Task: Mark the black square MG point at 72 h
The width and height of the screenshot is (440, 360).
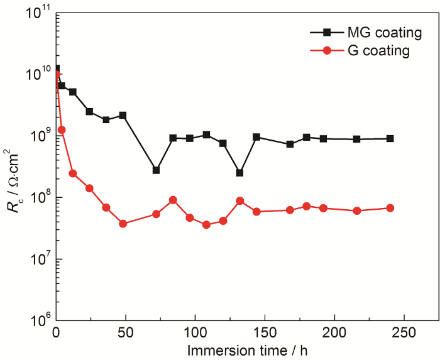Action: (x=156, y=170)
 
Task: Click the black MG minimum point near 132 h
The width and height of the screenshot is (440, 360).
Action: (x=239, y=173)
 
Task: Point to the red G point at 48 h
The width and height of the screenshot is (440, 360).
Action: (x=123, y=224)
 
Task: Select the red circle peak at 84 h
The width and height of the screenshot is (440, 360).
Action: (x=173, y=200)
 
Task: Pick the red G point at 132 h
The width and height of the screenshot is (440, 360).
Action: (x=239, y=200)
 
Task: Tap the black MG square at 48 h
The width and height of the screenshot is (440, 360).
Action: (x=123, y=115)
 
